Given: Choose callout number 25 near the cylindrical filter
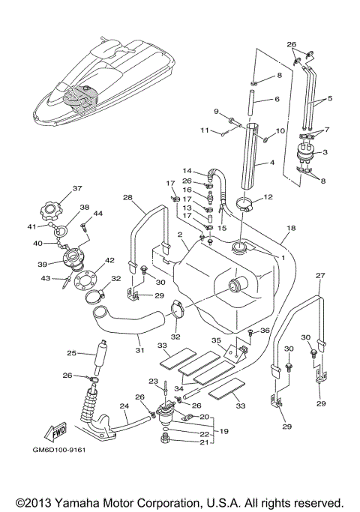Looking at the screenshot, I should [x=72, y=353].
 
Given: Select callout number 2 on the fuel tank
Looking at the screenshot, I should [x=180, y=235].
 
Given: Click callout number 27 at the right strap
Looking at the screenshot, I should [x=320, y=276].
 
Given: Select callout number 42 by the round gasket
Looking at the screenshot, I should [x=109, y=261].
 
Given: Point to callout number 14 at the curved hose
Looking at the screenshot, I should [x=187, y=170].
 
